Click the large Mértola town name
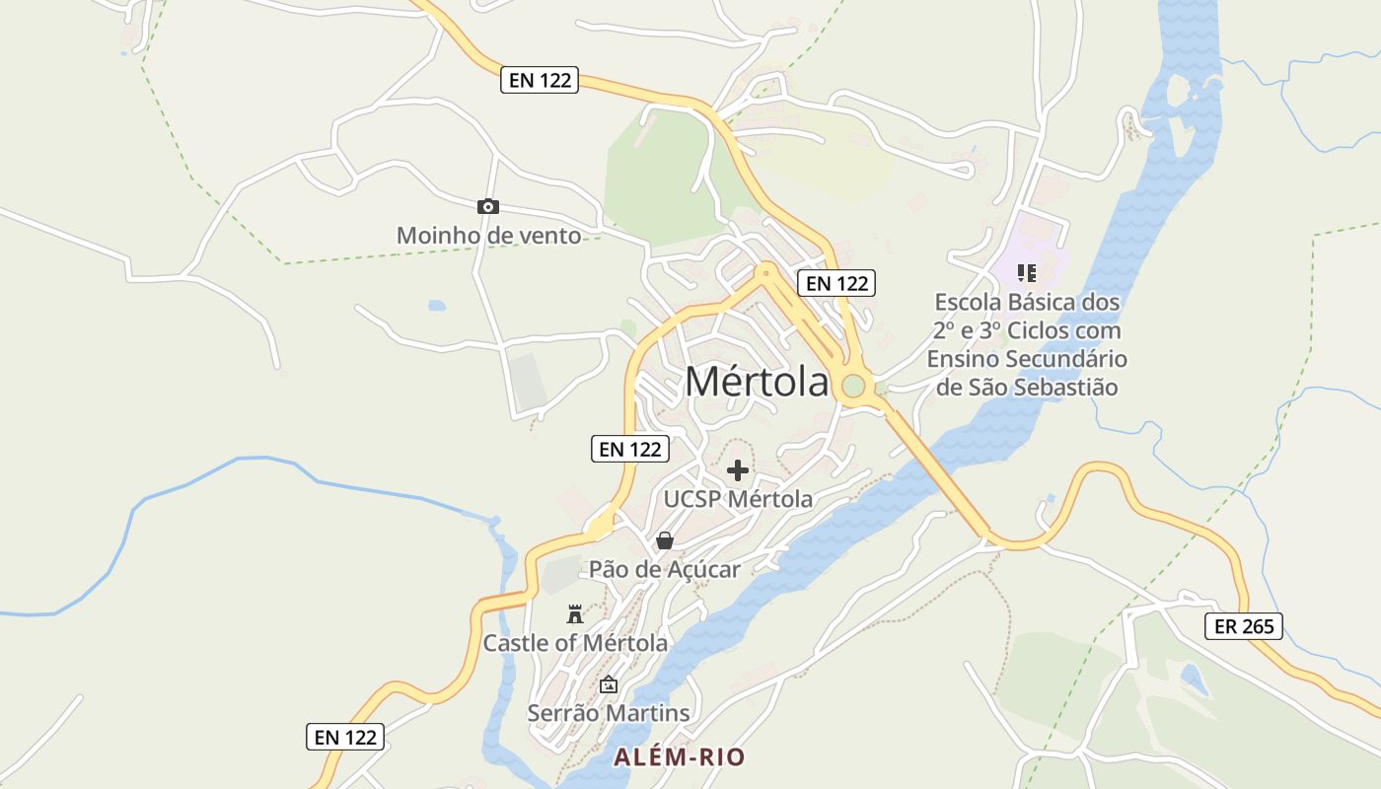(x=757, y=383)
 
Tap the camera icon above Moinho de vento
(x=487, y=206)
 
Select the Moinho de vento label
(x=488, y=236)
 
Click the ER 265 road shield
(x=1244, y=626)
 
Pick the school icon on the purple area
(x=1027, y=273)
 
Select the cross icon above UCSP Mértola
(x=737, y=470)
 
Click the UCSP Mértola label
(x=738, y=499)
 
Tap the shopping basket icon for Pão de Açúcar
(x=665, y=540)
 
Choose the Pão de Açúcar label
(x=665, y=569)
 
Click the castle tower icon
(x=574, y=614)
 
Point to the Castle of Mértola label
(x=574, y=643)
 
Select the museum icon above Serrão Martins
(x=609, y=684)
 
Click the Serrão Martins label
(x=609, y=712)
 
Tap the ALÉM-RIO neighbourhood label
(x=680, y=757)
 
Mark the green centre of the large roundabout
(x=853, y=387)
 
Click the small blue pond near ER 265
(x=1193, y=679)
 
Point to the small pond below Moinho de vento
(x=437, y=306)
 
